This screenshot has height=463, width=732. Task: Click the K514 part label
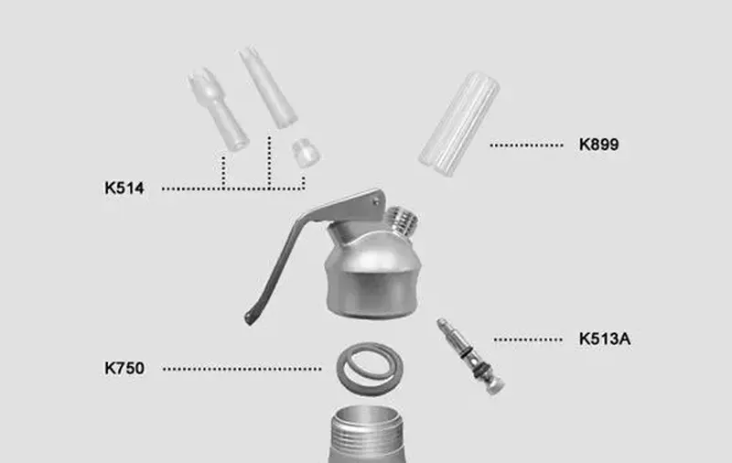(x=124, y=188)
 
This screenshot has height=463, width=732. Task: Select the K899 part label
(x=599, y=145)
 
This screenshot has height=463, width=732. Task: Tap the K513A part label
(x=605, y=339)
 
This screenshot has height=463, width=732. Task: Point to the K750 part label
(x=124, y=368)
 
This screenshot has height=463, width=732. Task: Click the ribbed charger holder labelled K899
(x=459, y=124)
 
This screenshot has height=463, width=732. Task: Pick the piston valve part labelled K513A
(x=469, y=356)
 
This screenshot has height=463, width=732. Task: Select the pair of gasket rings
(x=370, y=369)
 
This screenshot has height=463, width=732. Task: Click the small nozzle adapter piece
(x=306, y=153)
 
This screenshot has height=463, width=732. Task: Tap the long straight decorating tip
(x=268, y=87)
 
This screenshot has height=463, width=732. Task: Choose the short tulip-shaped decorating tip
(x=218, y=109)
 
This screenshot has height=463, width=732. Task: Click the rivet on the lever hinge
(x=376, y=201)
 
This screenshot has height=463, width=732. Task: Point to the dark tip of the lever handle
(x=250, y=318)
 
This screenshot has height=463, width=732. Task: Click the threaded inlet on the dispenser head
(x=403, y=221)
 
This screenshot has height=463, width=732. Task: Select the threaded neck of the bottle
(x=367, y=434)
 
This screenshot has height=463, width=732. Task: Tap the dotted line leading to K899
(x=526, y=145)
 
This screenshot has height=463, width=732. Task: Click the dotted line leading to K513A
(x=528, y=339)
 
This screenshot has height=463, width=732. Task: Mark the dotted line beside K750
(x=242, y=369)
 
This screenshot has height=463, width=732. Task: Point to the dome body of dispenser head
(x=373, y=275)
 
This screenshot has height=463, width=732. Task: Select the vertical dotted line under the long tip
(x=269, y=163)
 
